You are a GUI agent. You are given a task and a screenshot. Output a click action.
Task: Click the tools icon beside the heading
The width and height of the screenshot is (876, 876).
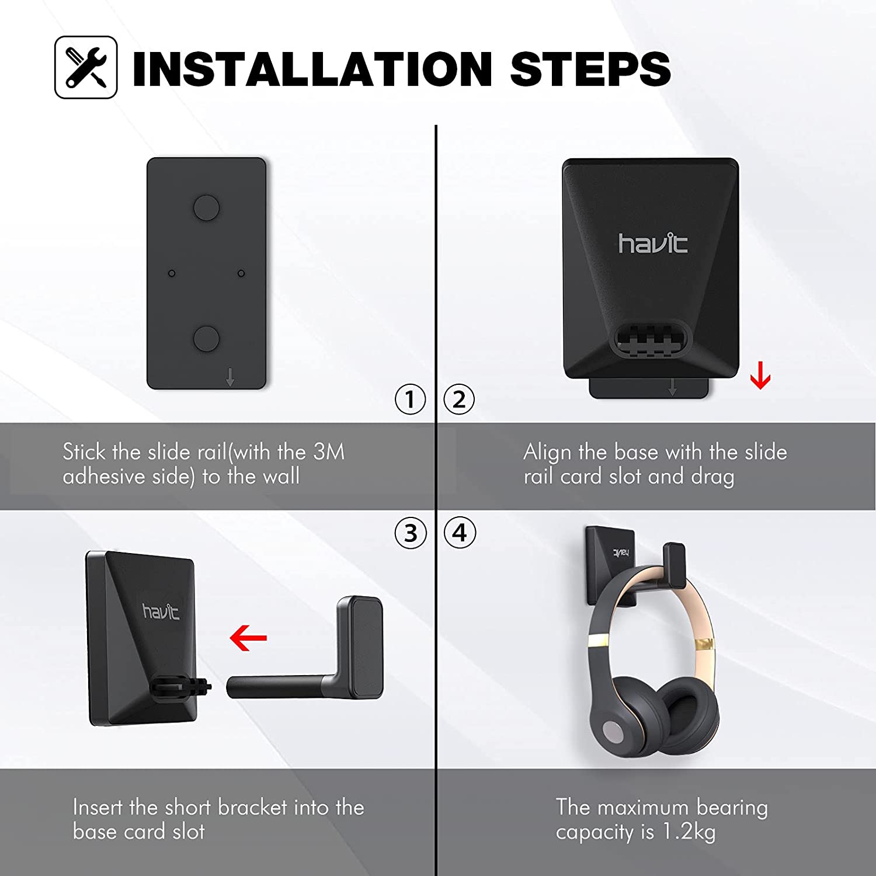(x=86, y=67)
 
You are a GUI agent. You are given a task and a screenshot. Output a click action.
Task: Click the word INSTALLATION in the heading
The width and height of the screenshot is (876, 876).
(x=313, y=69)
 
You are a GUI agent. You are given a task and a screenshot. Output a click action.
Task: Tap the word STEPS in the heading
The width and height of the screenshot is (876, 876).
(x=590, y=69)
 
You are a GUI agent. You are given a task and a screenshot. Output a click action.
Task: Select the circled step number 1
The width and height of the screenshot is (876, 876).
(x=410, y=399)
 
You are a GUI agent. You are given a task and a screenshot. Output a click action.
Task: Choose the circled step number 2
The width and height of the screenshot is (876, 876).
(x=459, y=399)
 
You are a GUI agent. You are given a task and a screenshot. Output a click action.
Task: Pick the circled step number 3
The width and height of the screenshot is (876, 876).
(x=411, y=533)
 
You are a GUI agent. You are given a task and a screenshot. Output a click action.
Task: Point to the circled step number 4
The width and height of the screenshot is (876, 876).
(x=460, y=533)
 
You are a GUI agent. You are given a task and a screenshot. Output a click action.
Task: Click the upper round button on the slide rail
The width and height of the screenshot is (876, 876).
(x=206, y=207)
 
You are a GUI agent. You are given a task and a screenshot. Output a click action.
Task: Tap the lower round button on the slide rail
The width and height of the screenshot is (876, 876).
(x=206, y=339)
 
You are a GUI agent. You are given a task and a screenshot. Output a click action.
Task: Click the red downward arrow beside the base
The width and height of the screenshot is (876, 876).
(x=760, y=376)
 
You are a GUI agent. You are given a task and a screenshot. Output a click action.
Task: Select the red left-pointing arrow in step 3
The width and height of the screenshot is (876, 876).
(x=248, y=638)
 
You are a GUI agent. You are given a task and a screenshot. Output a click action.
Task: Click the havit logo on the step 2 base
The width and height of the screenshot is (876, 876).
(x=653, y=243)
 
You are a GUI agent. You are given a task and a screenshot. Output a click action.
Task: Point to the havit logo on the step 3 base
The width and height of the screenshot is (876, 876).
(x=161, y=611)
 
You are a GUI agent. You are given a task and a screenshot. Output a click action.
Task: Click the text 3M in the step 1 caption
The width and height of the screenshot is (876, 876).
(x=329, y=452)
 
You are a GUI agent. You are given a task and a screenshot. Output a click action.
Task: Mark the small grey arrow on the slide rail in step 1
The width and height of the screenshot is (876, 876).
(x=230, y=377)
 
